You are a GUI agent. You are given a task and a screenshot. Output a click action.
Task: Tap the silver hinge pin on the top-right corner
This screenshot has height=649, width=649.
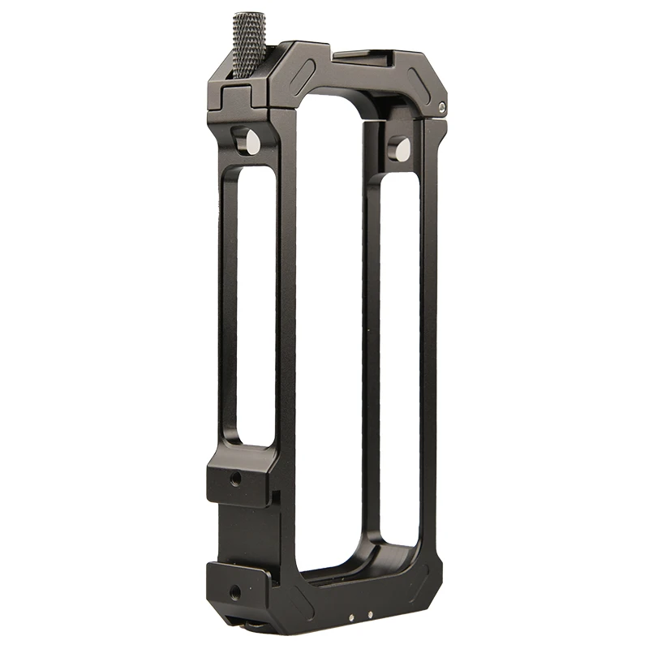tap(441, 105)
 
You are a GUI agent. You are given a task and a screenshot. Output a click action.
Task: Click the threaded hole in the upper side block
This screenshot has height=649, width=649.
tap(237, 479)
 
